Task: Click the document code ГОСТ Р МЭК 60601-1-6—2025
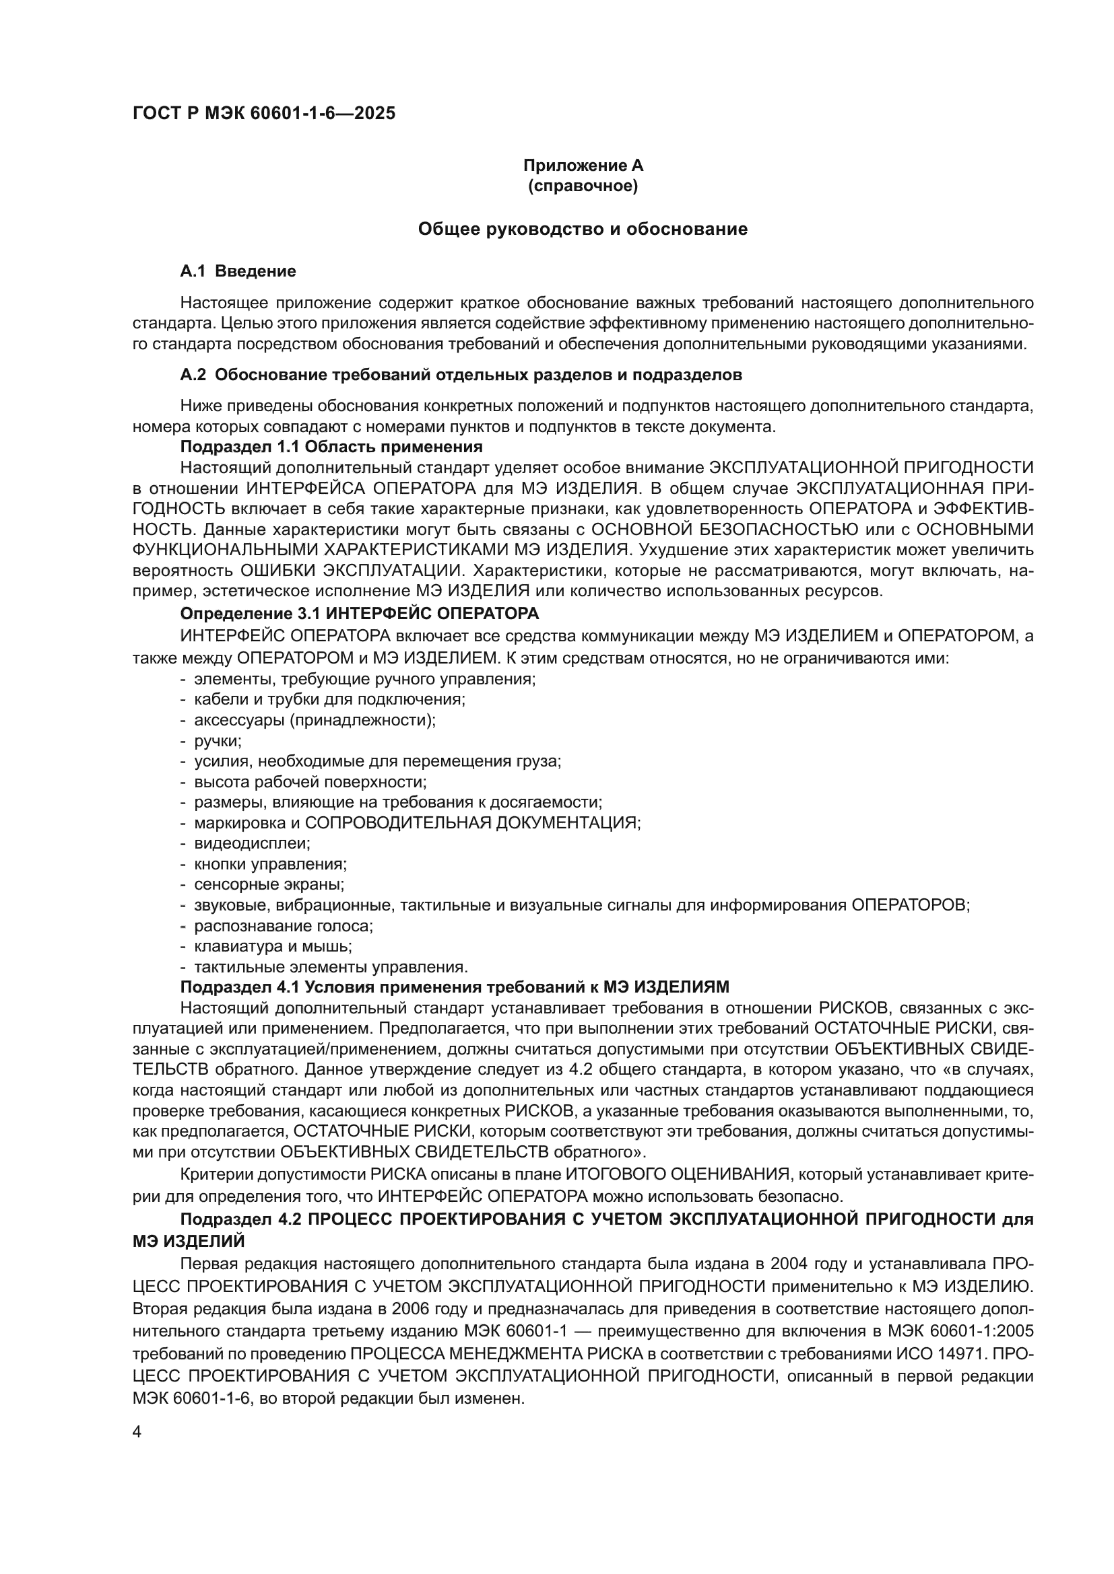pyautogui.click(x=264, y=114)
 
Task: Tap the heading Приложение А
pyautogui.click(x=583, y=166)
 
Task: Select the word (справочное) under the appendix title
pyautogui.click(x=583, y=186)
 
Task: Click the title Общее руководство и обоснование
pyautogui.click(x=583, y=229)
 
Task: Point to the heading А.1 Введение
pyautogui.click(x=238, y=271)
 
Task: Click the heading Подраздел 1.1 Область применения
pyautogui.click(x=331, y=447)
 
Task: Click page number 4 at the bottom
pyautogui.click(x=137, y=1433)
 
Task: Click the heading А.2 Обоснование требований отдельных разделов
pyautogui.click(x=461, y=375)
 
